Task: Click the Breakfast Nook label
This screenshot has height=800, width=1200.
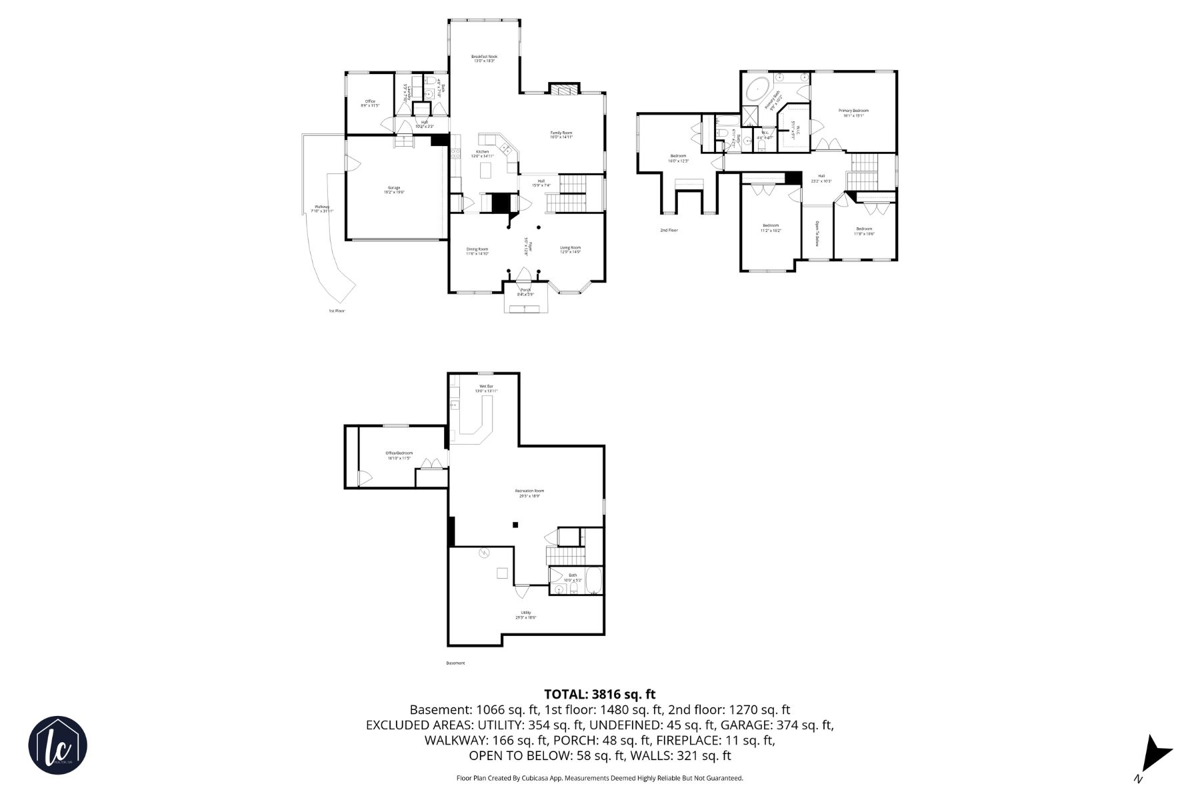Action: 484,59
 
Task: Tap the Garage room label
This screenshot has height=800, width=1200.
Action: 394,190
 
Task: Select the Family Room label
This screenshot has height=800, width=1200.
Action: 561,135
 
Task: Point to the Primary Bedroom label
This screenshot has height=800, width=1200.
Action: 853,113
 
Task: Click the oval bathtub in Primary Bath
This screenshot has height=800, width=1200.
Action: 759,89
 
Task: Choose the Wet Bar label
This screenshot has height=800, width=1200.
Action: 486,388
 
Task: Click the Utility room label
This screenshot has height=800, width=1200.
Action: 526,615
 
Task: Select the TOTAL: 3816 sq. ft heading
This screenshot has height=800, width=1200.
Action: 599,695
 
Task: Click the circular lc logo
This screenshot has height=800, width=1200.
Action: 57,745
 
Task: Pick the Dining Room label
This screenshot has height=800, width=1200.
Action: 477,251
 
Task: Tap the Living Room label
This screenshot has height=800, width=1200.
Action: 570,249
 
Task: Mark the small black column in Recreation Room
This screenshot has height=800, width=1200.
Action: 515,525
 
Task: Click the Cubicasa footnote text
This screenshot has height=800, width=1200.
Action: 599,778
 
